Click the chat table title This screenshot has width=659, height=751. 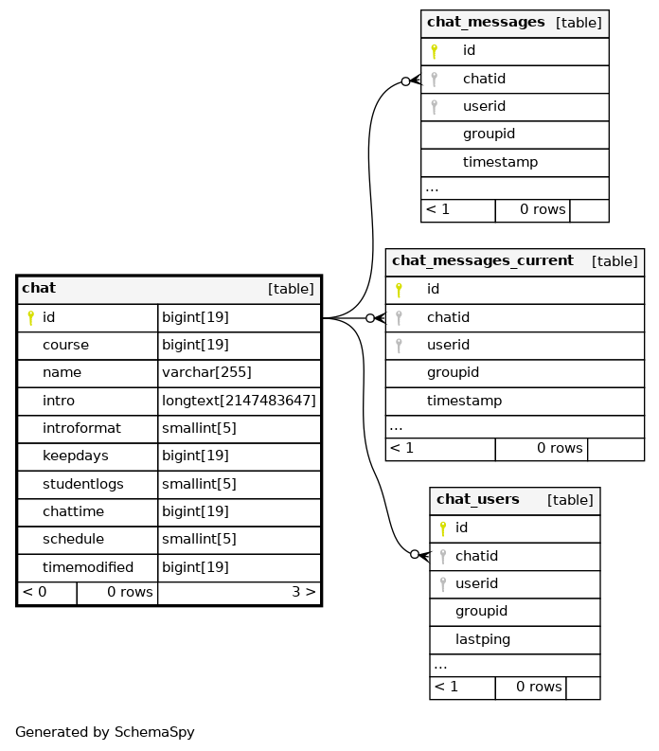(x=39, y=288)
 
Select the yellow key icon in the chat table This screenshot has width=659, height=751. (x=30, y=317)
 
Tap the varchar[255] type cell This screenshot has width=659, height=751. (x=206, y=372)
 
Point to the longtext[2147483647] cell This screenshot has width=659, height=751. (x=239, y=401)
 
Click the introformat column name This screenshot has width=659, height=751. (x=81, y=428)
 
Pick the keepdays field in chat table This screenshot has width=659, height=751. (x=76, y=456)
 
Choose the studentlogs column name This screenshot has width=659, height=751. (x=83, y=484)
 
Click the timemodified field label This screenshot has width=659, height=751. (x=88, y=567)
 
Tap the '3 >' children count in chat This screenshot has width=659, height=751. (x=304, y=592)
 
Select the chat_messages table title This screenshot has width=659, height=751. (x=486, y=22)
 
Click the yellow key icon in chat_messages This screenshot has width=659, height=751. (x=434, y=51)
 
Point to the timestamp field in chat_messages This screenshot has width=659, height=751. (x=500, y=162)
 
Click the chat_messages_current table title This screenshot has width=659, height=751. (x=483, y=260)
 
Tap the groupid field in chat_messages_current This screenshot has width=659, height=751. (x=453, y=372)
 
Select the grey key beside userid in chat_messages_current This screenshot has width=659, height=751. (x=399, y=346)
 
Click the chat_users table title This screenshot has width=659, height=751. (x=477, y=499)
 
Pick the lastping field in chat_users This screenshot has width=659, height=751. (x=483, y=639)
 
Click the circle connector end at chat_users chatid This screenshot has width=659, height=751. (x=415, y=555)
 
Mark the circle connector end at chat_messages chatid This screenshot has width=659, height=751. (x=405, y=81)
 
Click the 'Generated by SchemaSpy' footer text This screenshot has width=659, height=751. (x=105, y=732)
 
